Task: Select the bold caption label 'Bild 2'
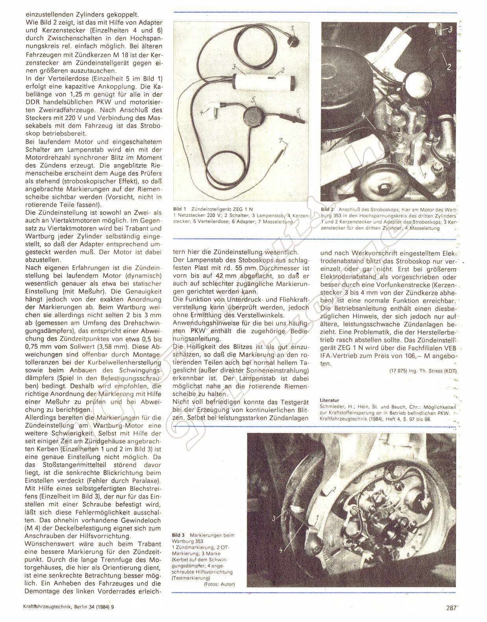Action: pos(327,210)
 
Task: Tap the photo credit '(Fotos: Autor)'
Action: pos(219,584)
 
